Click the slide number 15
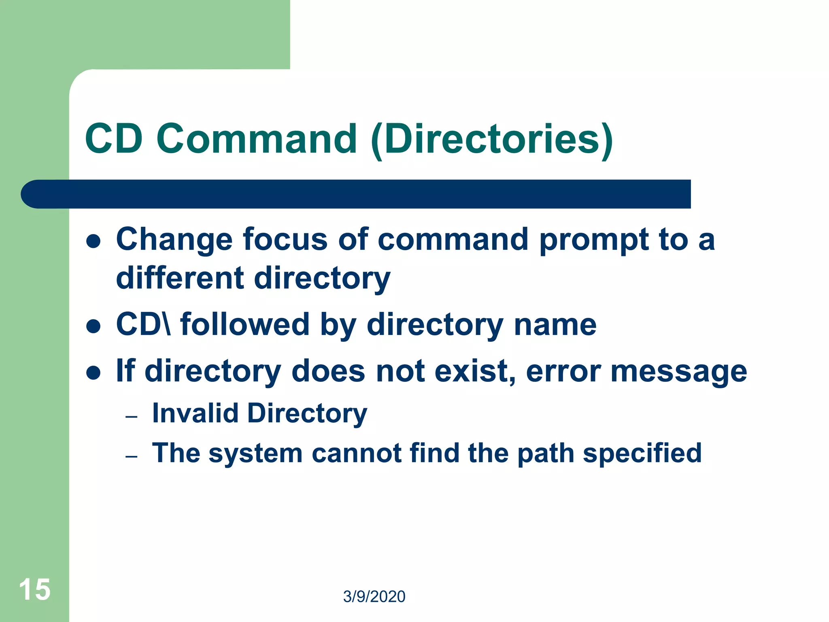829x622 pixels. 35,590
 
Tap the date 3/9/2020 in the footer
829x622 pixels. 374,596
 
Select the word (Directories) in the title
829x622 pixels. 492,140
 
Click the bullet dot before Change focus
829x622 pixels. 94,241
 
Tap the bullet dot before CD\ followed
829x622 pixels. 94,326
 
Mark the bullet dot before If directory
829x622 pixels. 94,373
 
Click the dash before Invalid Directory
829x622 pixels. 132,417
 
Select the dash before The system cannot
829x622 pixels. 132,456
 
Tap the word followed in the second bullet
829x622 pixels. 245,325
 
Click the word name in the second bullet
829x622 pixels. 555,325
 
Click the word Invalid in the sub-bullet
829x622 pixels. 195,413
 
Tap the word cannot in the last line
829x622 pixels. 356,453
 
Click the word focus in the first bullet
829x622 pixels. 285,239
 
